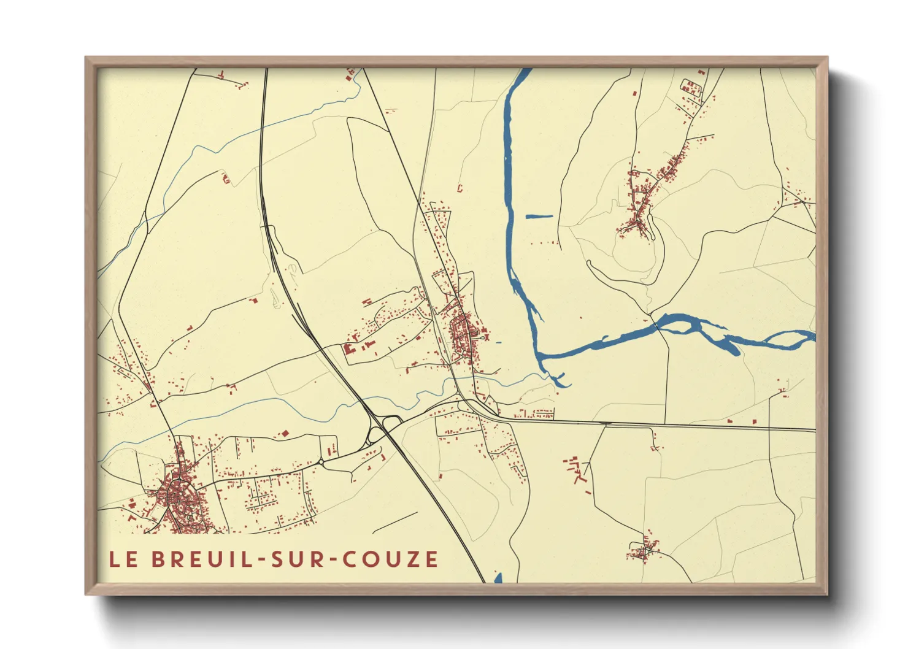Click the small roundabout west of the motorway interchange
pyautogui.click(x=321, y=461)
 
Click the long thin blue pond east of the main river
pyautogui.click(x=539, y=216)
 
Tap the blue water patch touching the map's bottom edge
pyautogui.click(x=498, y=578)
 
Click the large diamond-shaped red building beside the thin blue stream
pyautogui.click(x=284, y=434)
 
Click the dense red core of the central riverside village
pyautogui.click(x=461, y=334)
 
